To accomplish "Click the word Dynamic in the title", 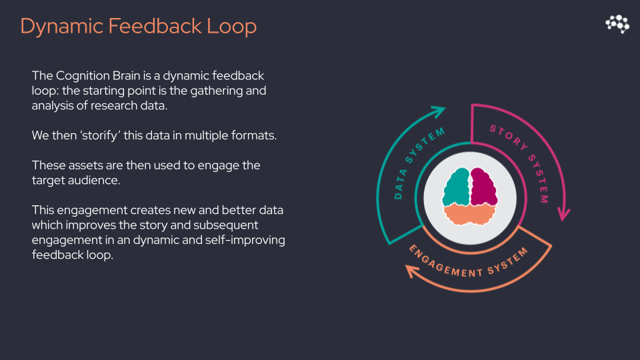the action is [x=61, y=27].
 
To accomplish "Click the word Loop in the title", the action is [x=231, y=26].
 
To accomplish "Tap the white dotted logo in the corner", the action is [x=617, y=24].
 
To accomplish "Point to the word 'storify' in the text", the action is [x=101, y=135].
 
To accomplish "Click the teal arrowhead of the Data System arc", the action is [x=439, y=111].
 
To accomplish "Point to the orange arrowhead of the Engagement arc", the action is [x=412, y=271].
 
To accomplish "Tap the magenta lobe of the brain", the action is [x=484, y=187].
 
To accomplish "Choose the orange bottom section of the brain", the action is [x=470, y=214].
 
